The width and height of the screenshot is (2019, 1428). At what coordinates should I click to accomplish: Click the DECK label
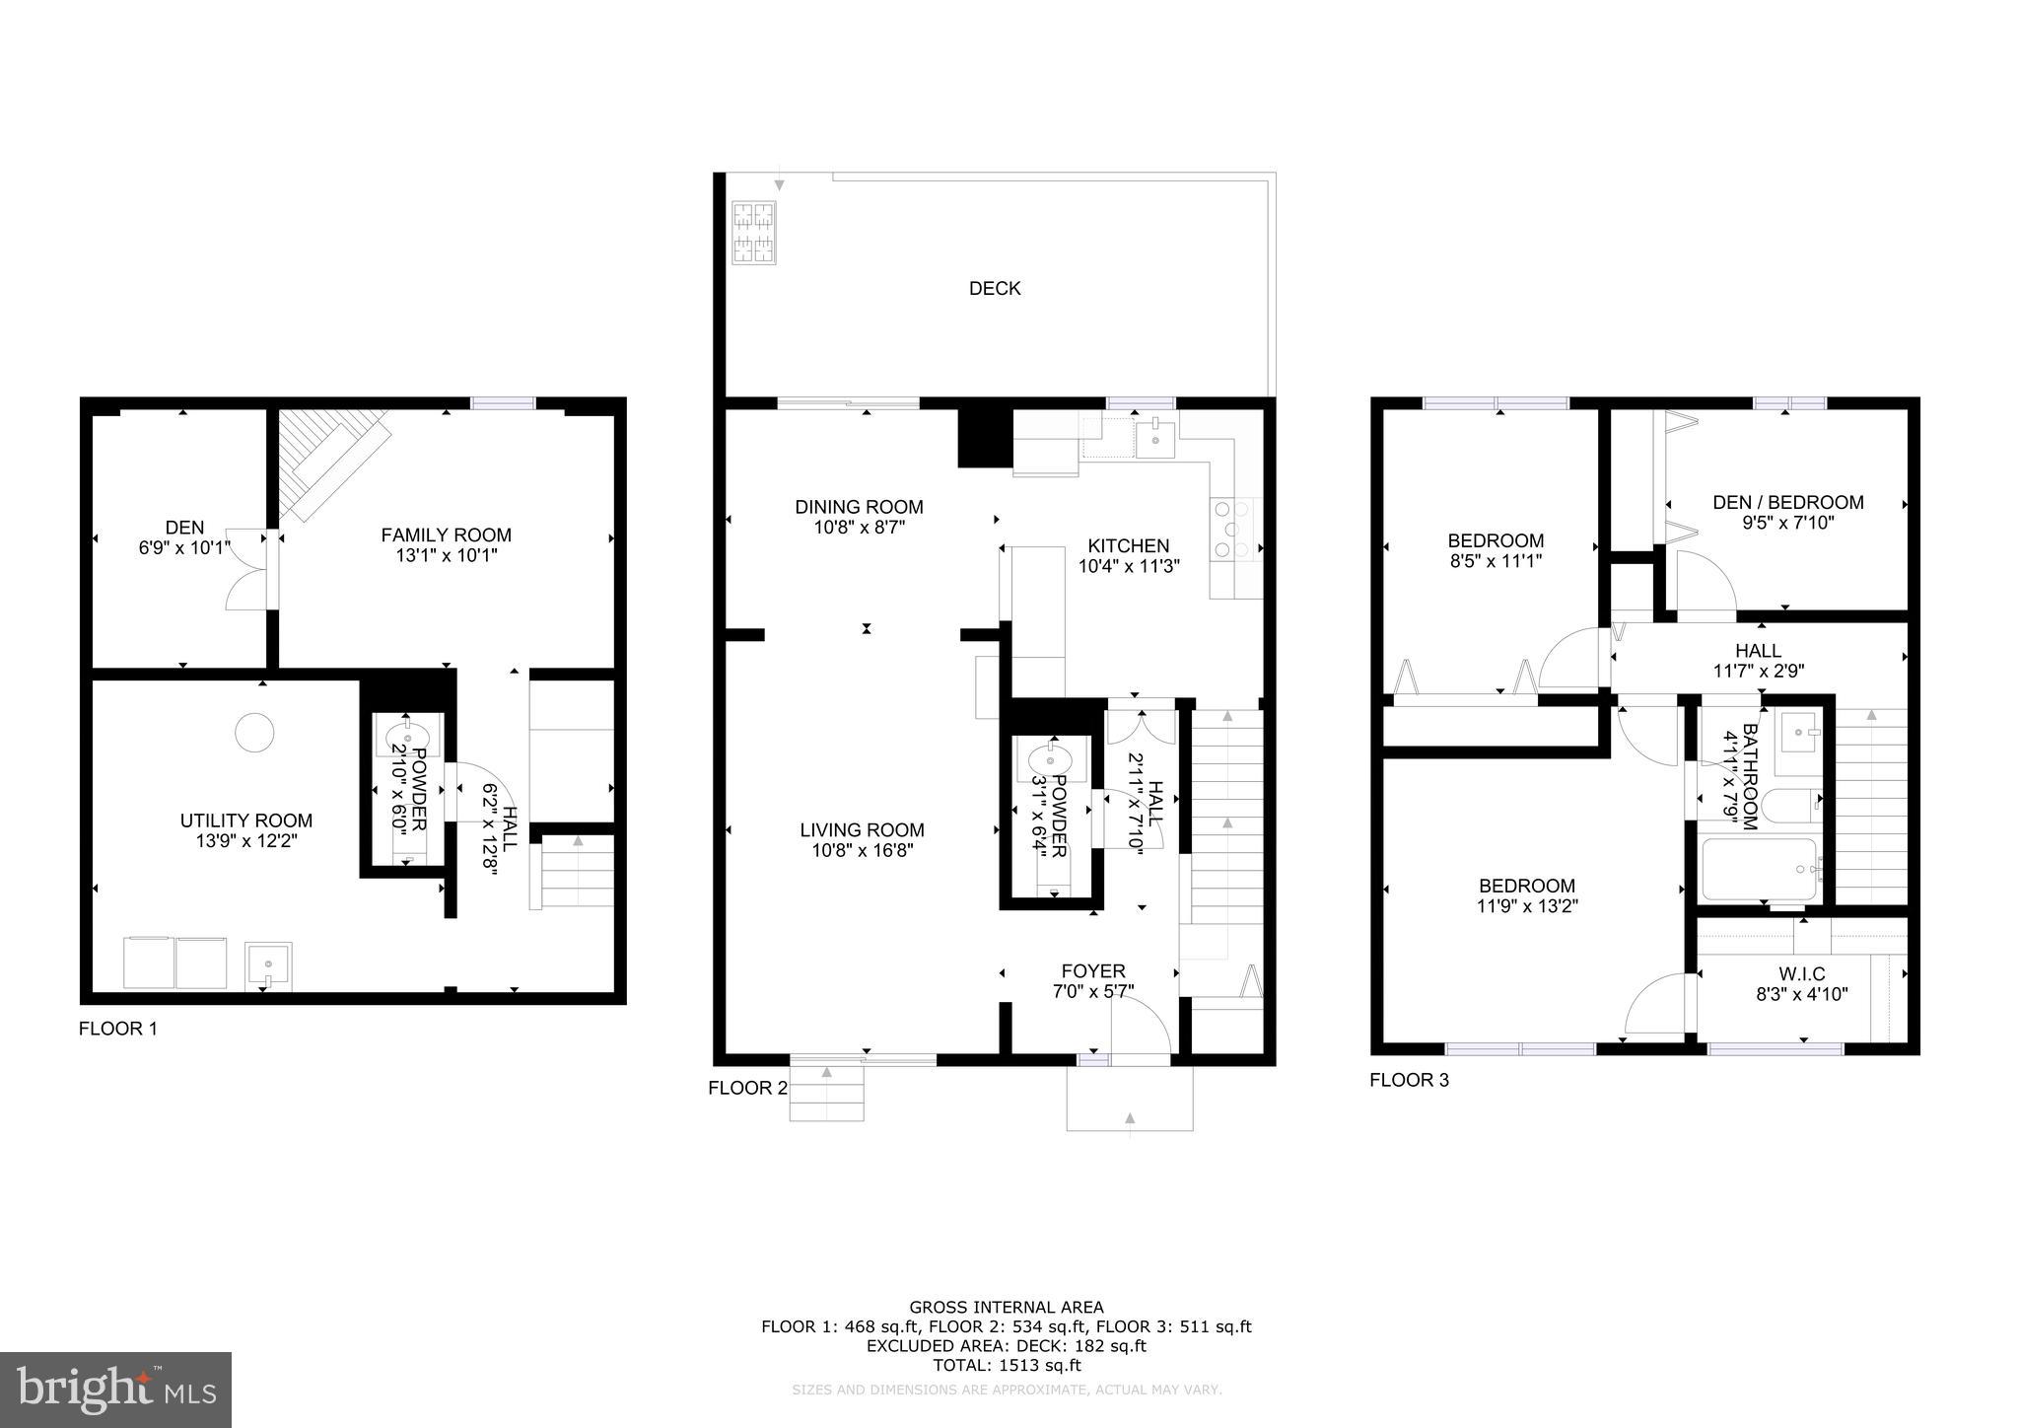(x=994, y=288)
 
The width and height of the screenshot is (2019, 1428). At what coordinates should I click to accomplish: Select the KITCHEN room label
(x=1128, y=545)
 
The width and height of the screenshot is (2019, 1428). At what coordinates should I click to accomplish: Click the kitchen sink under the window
(x=1153, y=437)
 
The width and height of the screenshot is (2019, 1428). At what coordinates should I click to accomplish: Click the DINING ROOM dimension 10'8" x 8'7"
(x=859, y=528)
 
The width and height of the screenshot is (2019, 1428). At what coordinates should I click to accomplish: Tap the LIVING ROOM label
(x=862, y=830)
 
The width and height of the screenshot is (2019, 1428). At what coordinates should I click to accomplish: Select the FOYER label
(x=1092, y=970)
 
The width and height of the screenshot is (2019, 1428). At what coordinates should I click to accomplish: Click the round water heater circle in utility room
(x=254, y=732)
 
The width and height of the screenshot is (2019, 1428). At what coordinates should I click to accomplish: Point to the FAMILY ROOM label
(x=446, y=535)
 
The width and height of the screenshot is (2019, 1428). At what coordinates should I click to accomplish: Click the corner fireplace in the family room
(x=330, y=460)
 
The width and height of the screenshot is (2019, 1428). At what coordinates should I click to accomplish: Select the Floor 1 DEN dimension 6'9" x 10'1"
(x=184, y=547)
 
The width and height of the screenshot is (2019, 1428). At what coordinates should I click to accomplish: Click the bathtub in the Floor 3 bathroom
(x=1760, y=869)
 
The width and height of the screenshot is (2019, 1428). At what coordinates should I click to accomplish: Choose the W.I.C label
(x=1803, y=974)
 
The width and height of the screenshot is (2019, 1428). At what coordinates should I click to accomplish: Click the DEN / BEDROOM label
(x=1787, y=502)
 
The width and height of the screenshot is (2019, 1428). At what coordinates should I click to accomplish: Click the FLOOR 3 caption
(x=1409, y=1080)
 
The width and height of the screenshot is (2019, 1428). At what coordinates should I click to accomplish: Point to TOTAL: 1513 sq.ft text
(x=1007, y=1366)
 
